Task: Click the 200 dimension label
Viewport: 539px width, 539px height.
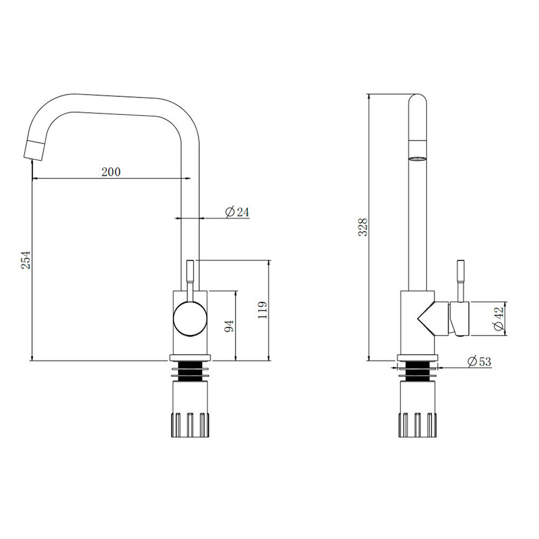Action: pyautogui.click(x=111, y=171)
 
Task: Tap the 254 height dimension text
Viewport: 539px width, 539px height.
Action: pyautogui.click(x=26, y=260)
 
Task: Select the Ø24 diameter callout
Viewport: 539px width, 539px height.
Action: pyautogui.click(x=237, y=212)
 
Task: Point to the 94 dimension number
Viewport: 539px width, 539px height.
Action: pyautogui.click(x=229, y=325)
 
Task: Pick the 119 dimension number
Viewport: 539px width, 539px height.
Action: pyautogui.click(x=262, y=310)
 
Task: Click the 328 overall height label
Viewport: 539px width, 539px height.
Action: pyautogui.click(x=363, y=227)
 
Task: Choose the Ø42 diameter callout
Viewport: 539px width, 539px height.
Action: pyautogui.click(x=499, y=319)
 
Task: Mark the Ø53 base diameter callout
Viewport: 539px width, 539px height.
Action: pyautogui.click(x=479, y=361)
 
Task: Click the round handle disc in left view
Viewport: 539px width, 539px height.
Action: pyautogui.click(x=190, y=319)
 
